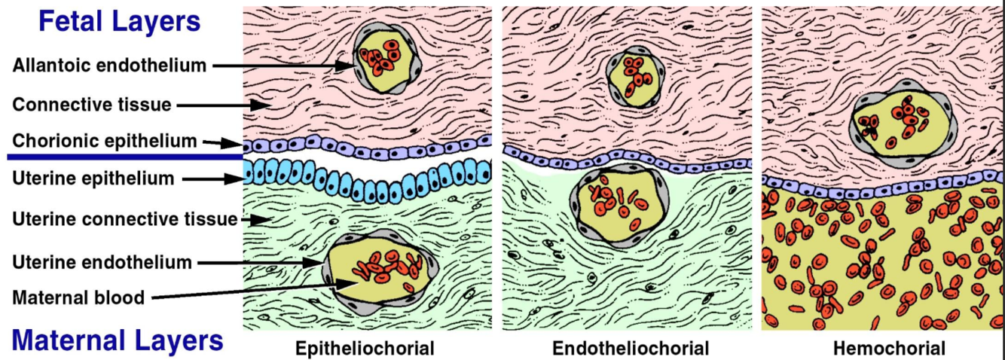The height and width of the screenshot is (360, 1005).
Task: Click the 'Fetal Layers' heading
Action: [x=119, y=21]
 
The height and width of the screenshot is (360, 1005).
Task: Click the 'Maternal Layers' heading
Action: [x=118, y=340]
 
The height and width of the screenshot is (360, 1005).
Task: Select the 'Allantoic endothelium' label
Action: [x=109, y=66]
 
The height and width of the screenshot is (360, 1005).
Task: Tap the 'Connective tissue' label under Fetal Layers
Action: [x=92, y=104]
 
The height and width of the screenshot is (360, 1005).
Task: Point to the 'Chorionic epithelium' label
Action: [x=105, y=141]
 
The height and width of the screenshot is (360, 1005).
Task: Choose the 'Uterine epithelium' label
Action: [x=93, y=178]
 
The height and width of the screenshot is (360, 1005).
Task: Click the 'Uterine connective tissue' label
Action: [x=125, y=219]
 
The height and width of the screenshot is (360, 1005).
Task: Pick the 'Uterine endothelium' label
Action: [x=102, y=262]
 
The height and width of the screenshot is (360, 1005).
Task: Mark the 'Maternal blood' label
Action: [x=78, y=297]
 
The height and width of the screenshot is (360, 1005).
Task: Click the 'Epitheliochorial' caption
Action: [x=365, y=349]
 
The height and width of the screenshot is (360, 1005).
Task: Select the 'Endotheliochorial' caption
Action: [x=631, y=349]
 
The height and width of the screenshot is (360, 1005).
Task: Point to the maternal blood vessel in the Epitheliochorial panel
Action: [x=374, y=267]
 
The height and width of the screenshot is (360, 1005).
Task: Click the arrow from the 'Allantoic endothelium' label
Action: [x=283, y=66]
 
